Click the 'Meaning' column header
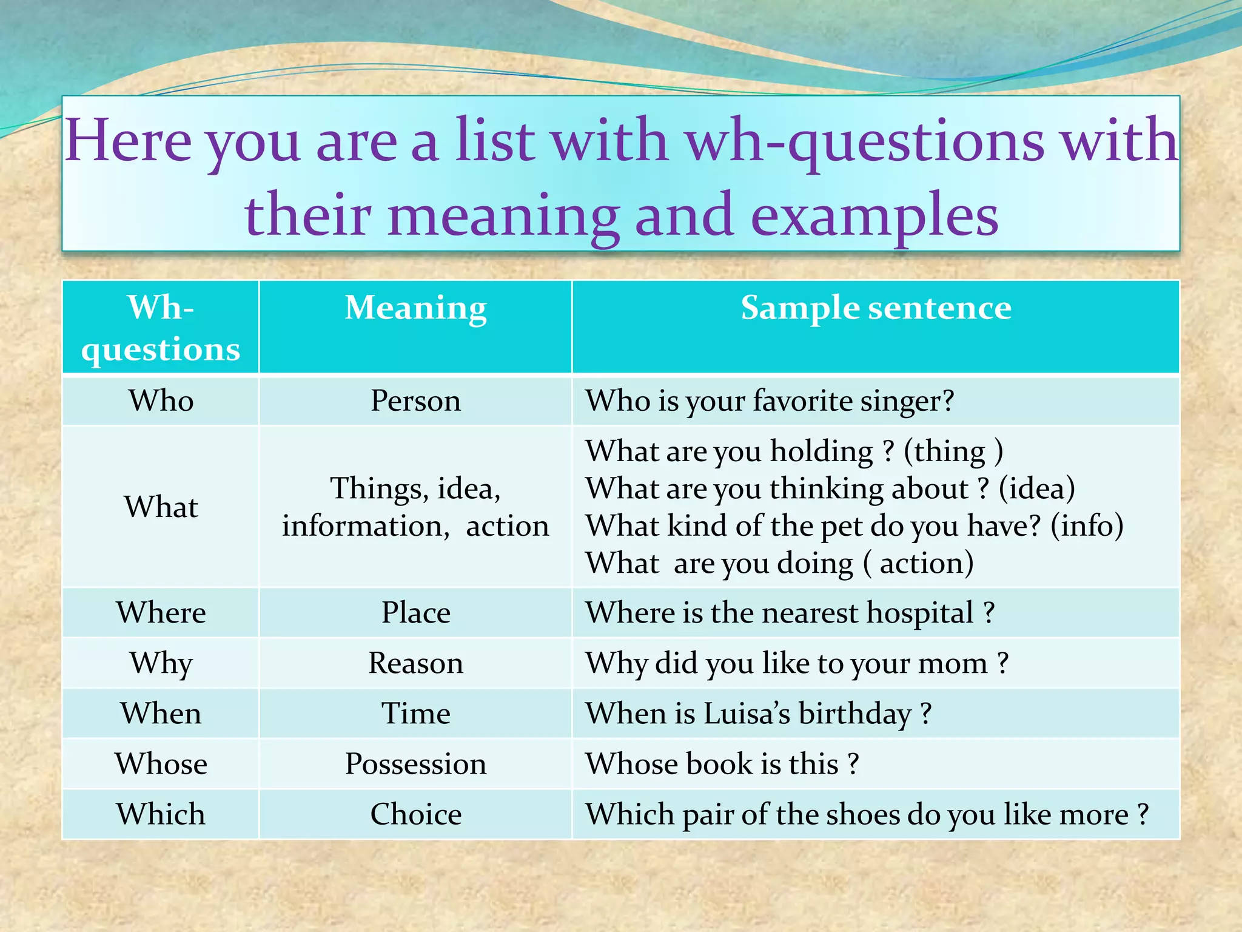[415, 308]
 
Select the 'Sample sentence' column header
[876, 308]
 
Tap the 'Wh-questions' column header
[161, 328]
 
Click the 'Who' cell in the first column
[161, 401]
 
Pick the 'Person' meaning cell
[415, 401]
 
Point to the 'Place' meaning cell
[415, 613]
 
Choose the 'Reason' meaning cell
[415, 663]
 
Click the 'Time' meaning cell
[415, 714]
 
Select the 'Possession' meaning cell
[415, 764]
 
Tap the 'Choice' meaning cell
[415, 814]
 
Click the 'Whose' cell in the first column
[161, 764]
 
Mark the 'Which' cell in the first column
[161, 814]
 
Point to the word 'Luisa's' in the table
[747, 714]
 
